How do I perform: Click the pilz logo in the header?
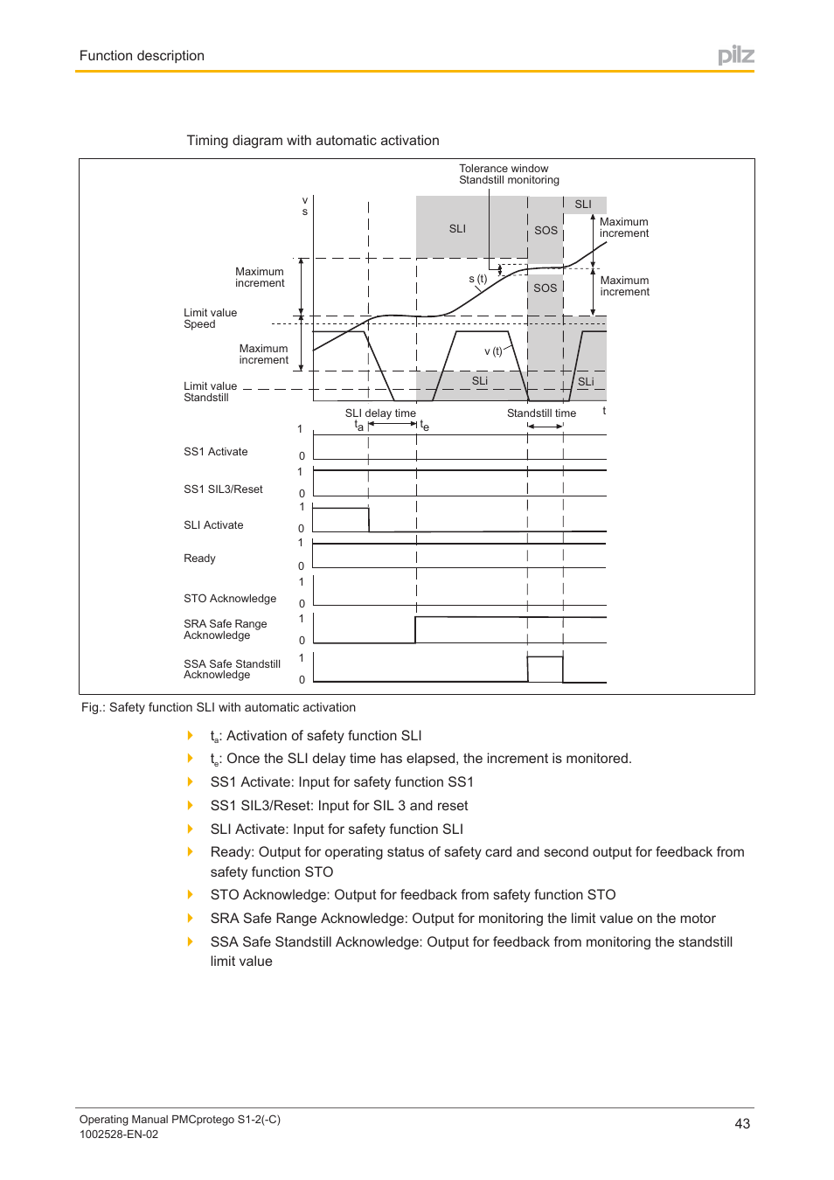735,56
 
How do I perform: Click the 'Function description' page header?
142,56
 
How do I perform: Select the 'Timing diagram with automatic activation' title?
312,141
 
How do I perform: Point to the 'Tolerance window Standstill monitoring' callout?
509,174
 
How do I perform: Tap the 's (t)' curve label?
477,279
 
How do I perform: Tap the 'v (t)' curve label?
493,351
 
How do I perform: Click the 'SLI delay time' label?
380,413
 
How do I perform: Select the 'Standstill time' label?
541,413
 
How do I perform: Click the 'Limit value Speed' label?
210,318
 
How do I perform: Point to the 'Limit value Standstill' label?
210,392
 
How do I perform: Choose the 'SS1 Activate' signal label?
215,452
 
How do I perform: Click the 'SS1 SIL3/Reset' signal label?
223,489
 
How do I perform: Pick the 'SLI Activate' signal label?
213,525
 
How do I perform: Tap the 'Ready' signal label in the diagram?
199,559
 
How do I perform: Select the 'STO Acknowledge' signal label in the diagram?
229,599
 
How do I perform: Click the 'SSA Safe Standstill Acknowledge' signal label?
232,670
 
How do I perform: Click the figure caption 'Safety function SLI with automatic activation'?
219,707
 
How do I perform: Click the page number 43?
741,1124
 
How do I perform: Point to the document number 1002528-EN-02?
119,1135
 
